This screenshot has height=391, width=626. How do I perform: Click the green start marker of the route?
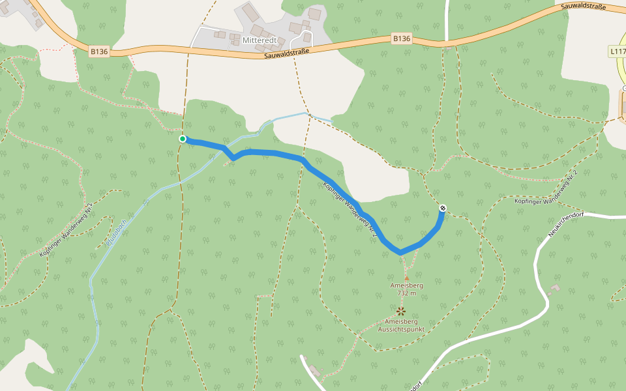183,139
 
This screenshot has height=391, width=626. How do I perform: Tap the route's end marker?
443,208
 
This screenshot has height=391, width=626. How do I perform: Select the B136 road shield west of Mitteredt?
99,51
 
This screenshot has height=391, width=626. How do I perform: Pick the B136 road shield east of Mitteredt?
402,38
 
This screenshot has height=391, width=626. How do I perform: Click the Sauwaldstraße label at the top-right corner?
583,7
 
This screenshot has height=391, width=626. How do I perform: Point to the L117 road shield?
618,51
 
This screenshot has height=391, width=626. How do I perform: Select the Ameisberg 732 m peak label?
406,289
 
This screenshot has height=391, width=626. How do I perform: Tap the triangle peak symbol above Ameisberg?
406,278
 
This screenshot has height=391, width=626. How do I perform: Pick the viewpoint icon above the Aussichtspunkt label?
400,311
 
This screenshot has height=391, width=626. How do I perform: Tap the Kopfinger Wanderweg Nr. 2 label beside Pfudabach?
67,229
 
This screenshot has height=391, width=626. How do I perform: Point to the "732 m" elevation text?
406,293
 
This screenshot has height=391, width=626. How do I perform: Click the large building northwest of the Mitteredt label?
250,13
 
